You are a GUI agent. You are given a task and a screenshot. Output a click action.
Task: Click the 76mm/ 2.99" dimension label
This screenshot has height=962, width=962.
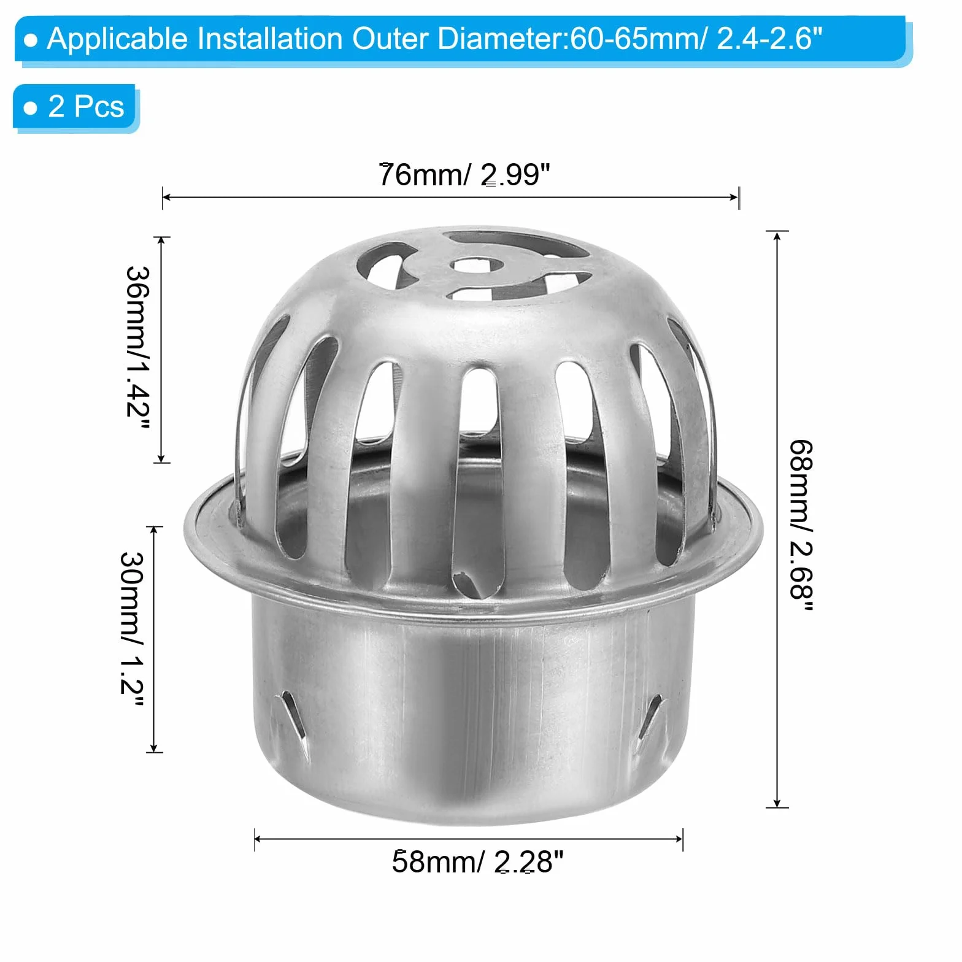[x=464, y=174]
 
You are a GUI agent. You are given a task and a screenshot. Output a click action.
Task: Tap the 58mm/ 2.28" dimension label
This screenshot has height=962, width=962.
[x=477, y=861]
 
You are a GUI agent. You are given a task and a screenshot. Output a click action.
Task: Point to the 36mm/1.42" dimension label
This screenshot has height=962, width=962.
[x=137, y=350]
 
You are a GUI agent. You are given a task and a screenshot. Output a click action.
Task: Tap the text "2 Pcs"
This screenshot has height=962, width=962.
[x=86, y=106]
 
